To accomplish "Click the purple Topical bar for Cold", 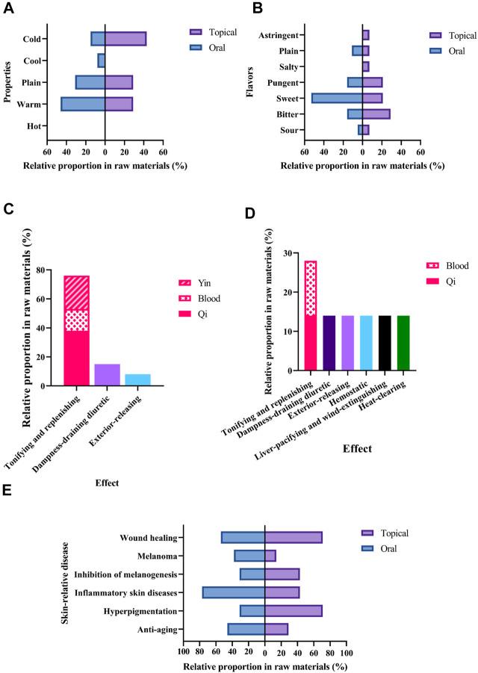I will [x=125, y=39].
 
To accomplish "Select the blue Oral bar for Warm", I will [x=83, y=105].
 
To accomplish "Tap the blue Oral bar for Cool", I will [x=102, y=61].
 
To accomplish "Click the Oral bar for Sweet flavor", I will [x=337, y=98].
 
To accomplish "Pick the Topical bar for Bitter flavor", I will [x=376, y=114].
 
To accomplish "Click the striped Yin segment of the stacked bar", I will [x=77, y=293].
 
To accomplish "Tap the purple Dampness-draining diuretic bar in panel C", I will [x=107, y=374].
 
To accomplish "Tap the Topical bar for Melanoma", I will [x=270, y=556].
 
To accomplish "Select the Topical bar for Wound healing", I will [x=294, y=537].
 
